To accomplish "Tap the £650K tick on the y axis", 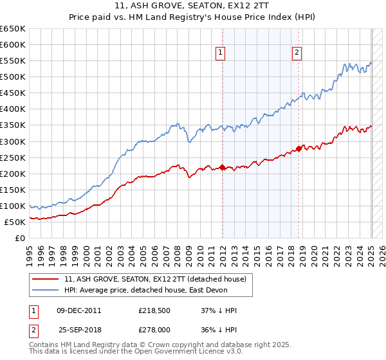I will (x=13, y=29).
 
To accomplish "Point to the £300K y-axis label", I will (x=13, y=141).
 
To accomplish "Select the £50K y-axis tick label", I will (x=15, y=222).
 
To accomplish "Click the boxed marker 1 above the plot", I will (x=221, y=53).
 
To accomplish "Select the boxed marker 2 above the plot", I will (x=297, y=53).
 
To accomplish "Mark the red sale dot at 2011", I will (x=222, y=168).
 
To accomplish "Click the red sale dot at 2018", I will (x=299, y=148).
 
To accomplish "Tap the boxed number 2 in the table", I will (x=33, y=328).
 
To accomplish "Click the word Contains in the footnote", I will (x=44, y=345).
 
